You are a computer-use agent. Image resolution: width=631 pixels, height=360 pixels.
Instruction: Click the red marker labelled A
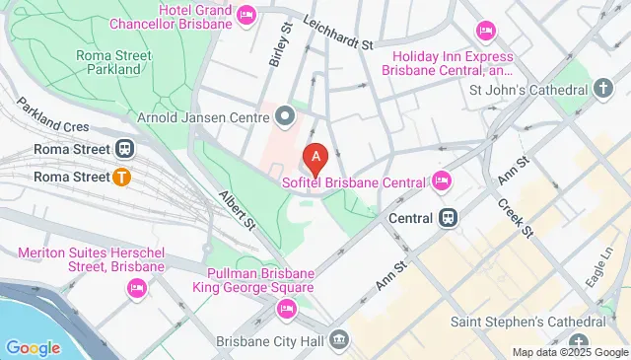point(315,156)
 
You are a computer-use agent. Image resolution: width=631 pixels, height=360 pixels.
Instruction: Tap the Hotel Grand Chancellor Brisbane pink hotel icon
point(245,14)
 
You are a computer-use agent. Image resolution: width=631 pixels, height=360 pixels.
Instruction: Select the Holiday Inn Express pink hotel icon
point(484,30)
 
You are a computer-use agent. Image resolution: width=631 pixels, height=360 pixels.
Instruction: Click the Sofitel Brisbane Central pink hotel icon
point(441,180)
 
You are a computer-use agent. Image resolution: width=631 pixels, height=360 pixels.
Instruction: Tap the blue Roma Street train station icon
point(123,149)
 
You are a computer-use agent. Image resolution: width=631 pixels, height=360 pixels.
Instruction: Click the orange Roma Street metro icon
point(122,178)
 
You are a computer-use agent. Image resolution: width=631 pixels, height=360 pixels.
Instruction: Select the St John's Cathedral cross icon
point(603,89)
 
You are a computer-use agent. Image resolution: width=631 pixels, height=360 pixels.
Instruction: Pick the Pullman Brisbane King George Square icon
point(286,310)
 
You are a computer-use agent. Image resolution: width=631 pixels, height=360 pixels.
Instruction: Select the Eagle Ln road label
point(596,264)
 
